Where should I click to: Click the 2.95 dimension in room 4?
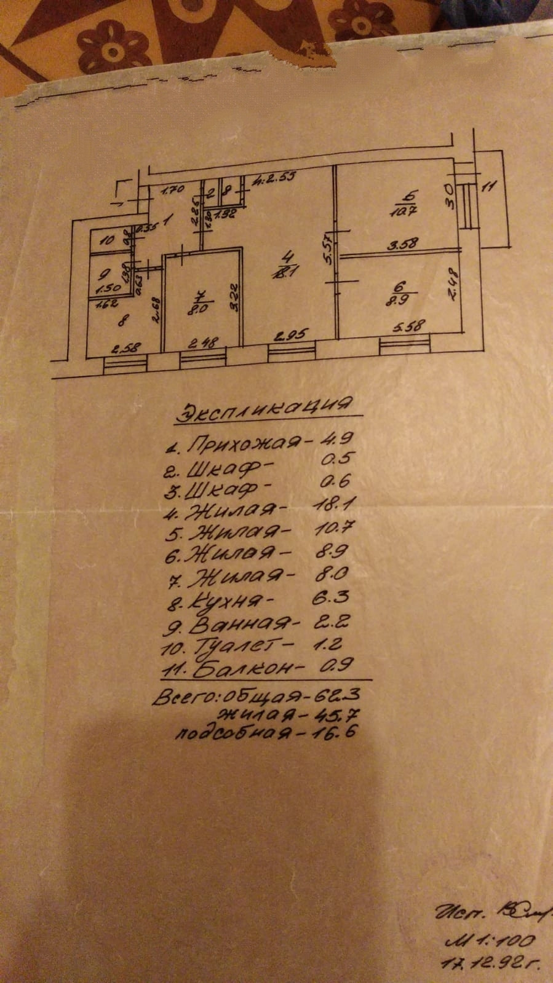tap(292, 336)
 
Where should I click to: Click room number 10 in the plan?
tap(108, 240)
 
